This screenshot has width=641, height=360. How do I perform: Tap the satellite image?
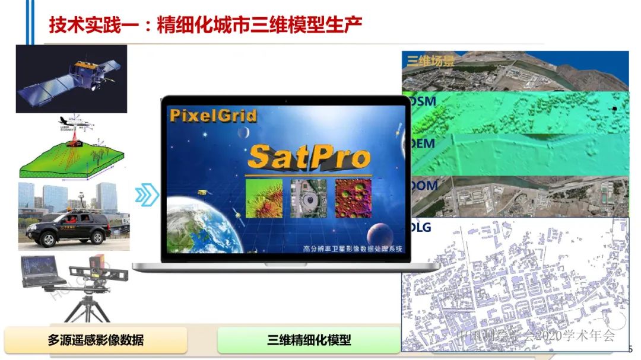point(71,78)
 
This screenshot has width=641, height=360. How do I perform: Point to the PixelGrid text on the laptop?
point(212,114)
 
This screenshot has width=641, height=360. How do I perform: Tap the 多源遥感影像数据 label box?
point(96,340)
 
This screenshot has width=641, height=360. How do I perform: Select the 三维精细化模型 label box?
point(309,340)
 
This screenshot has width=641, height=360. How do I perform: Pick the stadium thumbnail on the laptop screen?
point(309,199)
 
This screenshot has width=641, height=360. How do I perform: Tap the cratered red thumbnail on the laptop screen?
point(353,199)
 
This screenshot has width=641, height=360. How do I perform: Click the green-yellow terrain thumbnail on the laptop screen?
point(264,199)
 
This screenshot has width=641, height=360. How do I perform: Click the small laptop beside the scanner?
point(43,272)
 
